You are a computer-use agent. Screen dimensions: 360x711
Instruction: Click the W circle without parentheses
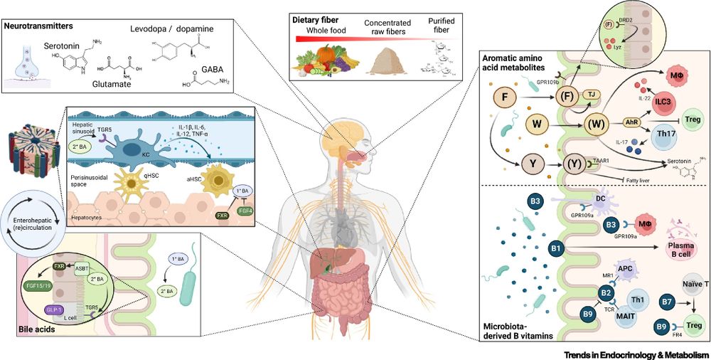pos(538,126)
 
